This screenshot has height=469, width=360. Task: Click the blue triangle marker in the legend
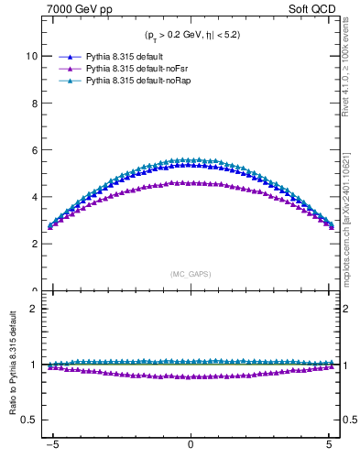point(68,56)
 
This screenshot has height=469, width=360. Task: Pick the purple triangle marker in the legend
point(68,69)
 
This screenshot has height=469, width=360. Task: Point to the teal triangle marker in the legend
point(68,82)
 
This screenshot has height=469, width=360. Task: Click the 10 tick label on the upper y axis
point(32,56)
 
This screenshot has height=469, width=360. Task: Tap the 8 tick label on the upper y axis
point(35,104)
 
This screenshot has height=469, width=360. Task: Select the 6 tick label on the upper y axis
point(35,150)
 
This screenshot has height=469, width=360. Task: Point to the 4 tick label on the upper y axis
point(35,197)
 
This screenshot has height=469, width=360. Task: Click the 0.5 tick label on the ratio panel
point(31,420)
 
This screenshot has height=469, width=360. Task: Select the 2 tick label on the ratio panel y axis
point(35,309)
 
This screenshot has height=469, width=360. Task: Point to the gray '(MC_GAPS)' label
point(190,274)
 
